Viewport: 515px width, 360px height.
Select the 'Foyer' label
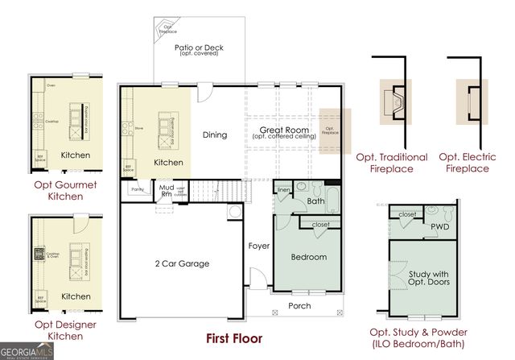258,246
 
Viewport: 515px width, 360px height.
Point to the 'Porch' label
299,305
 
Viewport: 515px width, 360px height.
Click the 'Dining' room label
215,135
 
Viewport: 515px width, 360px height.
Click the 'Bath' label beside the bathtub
315,201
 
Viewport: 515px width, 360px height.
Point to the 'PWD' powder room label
439,226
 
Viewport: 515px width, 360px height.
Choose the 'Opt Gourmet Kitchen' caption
65,190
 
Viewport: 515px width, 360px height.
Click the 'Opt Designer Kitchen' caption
65,329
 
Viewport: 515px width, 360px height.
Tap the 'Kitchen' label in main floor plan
168,162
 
